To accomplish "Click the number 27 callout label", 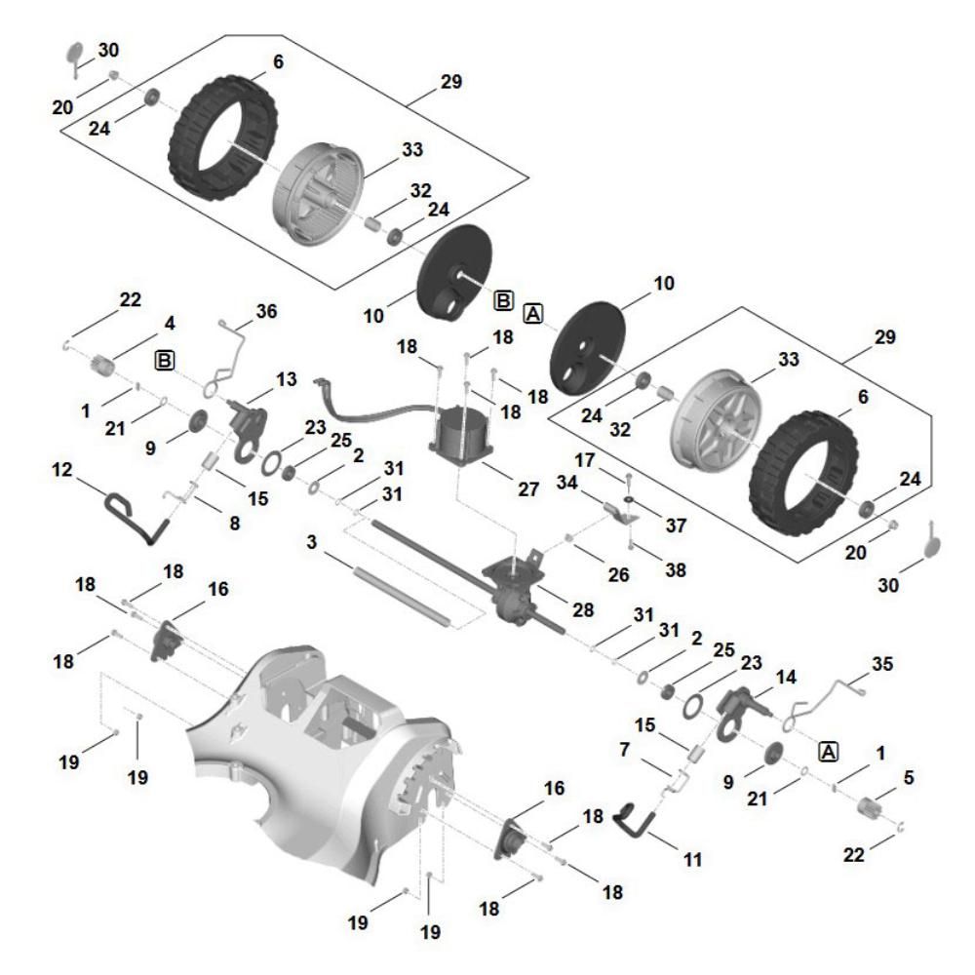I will click(x=527, y=490).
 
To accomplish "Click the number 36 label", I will click(x=265, y=312).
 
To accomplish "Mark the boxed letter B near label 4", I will click(x=166, y=361).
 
